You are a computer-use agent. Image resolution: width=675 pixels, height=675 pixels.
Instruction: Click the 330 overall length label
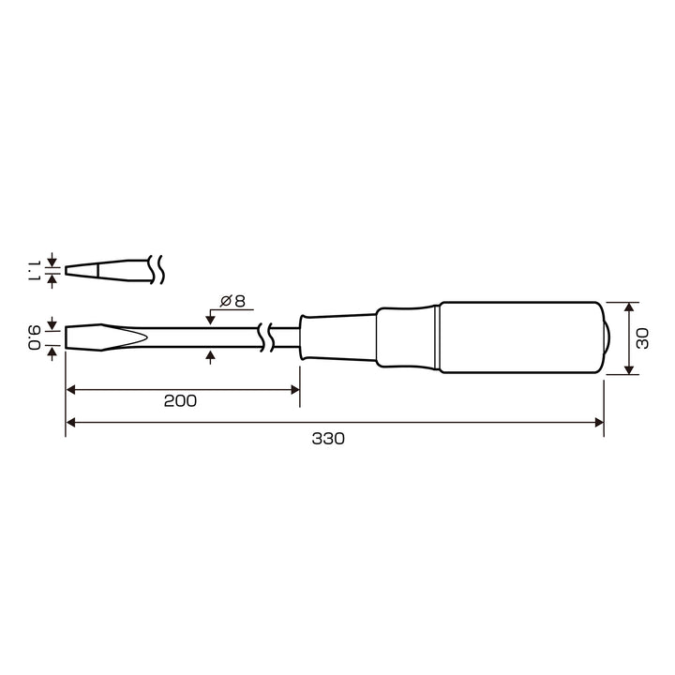[328, 439]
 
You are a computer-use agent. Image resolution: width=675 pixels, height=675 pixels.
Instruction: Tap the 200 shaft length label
[180, 401]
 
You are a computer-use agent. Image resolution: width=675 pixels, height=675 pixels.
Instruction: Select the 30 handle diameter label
[642, 338]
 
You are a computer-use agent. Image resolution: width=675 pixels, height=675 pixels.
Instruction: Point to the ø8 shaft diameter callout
[232, 301]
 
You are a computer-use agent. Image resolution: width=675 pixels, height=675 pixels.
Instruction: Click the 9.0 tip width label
[35, 337]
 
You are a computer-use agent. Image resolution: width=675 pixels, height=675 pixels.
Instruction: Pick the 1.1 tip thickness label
[34, 271]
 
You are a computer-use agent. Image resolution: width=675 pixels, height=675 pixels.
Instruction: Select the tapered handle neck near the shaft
[338, 337]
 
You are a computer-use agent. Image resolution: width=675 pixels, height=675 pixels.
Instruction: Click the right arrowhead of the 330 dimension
[599, 422]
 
